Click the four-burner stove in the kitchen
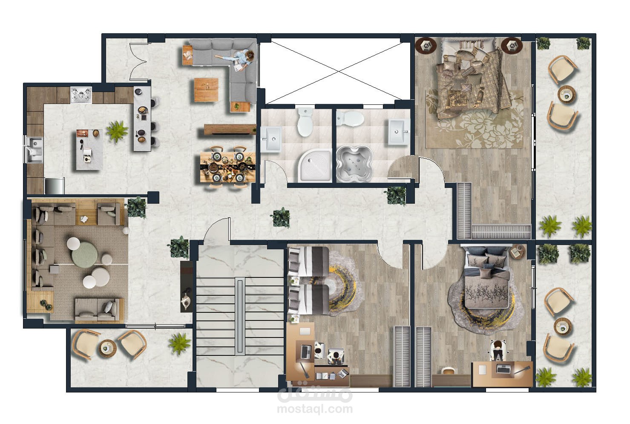[x=81, y=95]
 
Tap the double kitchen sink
[x=35, y=150]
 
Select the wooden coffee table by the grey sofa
[x=206, y=90]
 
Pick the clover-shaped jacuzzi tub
[x=355, y=164]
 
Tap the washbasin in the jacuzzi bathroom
[x=399, y=132]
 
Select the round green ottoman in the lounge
[x=85, y=255]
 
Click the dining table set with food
[x=228, y=167]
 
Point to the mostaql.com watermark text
[x=315, y=409]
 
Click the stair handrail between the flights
[x=240, y=316]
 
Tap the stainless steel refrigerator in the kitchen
[x=55, y=186]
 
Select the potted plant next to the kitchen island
[x=117, y=131]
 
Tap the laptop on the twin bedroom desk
[x=306, y=352]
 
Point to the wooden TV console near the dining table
[x=230, y=130]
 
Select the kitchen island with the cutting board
[x=89, y=150]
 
